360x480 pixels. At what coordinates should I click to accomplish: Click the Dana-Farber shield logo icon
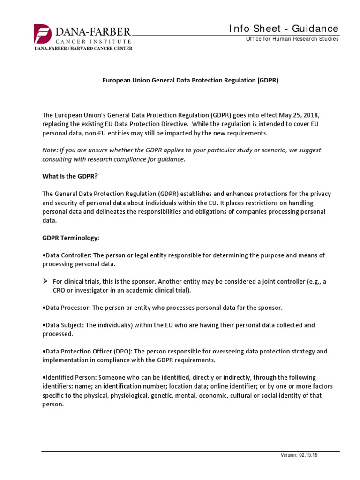(x=41, y=34)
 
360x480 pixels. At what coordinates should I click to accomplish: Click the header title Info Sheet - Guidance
(x=284, y=29)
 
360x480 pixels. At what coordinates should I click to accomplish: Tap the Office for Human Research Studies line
(x=292, y=39)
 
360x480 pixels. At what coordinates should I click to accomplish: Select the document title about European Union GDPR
(x=191, y=80)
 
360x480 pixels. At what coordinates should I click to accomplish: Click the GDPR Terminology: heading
(x=71, y=238)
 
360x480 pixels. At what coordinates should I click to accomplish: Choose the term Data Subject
(x=64, y=325)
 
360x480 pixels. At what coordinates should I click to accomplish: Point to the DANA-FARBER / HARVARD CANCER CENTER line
(x=82, y=48)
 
